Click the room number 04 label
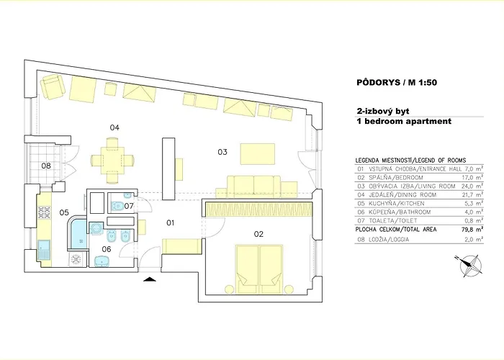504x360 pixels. click(114, 127)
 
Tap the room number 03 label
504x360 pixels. click(222, 152)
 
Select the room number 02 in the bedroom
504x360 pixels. click(258, 233)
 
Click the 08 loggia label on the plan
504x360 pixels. click(45, 166)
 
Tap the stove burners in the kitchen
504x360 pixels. click(43, 212)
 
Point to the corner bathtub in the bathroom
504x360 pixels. click(78, 232)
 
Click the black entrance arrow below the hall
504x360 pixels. click(149, 279)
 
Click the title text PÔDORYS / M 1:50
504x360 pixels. click(397, 83)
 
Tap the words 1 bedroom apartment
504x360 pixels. click(403, 122)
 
